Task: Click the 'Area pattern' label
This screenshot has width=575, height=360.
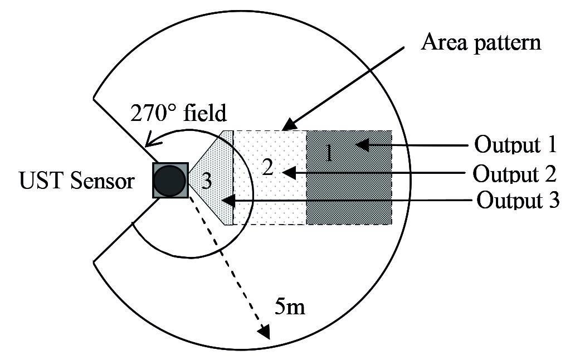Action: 481,42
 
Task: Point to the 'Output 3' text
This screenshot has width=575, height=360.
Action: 518,200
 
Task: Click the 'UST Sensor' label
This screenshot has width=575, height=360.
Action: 77,181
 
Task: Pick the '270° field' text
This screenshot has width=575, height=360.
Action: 178,113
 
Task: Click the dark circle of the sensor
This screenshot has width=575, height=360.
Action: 169,181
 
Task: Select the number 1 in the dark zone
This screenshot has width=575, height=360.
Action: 329,152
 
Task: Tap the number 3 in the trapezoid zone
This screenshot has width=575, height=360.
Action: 206,181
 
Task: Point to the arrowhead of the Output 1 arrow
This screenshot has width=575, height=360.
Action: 362,145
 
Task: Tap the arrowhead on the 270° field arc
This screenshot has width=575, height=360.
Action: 149,143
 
